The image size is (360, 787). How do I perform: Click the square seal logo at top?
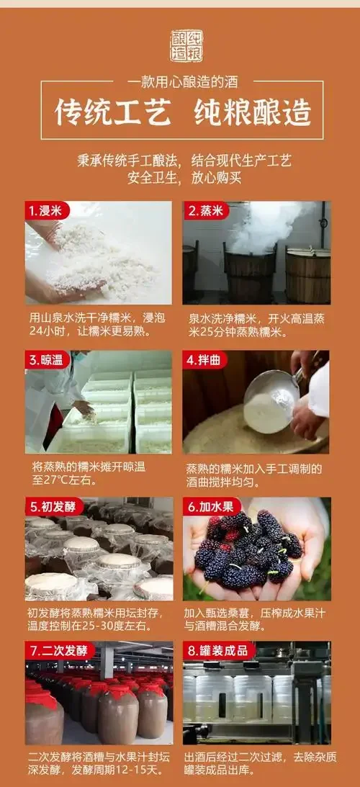point(186,46)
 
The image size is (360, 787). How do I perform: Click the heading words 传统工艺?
point(114,113)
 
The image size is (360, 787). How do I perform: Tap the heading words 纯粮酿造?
point(253,113)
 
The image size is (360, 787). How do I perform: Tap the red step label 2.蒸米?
point(205,211)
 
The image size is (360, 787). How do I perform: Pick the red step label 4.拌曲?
point(205,360)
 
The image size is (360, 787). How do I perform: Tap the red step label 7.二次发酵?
point(58,651)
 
